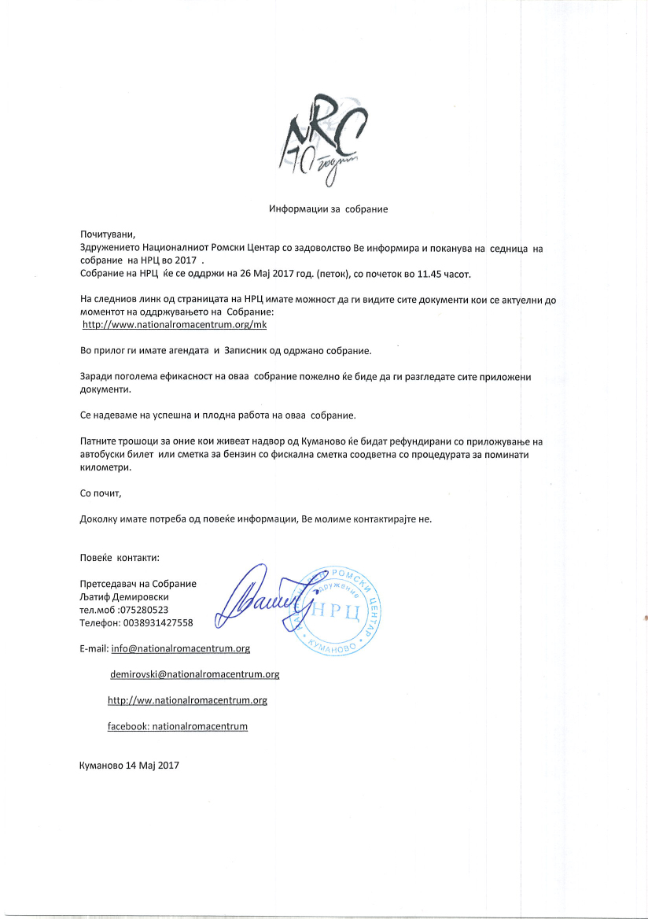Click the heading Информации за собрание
[329, 209]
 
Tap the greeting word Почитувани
[108, 235]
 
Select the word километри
[105, 466]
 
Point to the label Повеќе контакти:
[120, 558]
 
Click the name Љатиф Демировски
[125, 597]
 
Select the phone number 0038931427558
[153, 622]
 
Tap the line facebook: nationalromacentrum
[178, 726]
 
